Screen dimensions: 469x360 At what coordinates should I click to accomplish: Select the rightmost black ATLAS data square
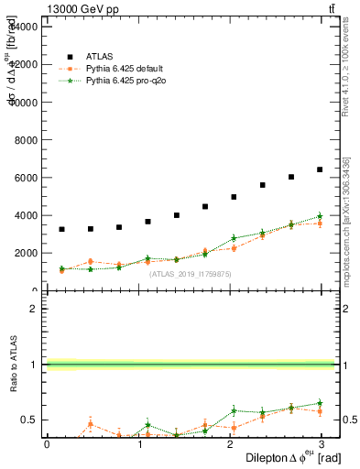(320, 169)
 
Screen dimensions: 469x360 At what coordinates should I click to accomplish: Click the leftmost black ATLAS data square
(61, 229)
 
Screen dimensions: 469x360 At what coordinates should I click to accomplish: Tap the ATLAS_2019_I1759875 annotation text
(191, 273)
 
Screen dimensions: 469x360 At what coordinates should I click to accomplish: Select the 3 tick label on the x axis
(323, 443)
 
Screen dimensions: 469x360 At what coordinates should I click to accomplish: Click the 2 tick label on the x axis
(231, 443)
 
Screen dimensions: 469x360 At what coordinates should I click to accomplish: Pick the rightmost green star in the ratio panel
(320, 403)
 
